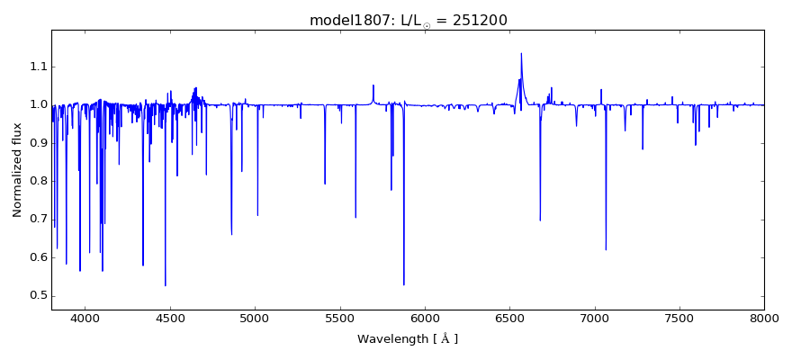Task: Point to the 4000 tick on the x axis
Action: point(85,317)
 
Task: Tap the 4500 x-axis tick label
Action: point(170,317)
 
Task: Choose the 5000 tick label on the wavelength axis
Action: point(255,317)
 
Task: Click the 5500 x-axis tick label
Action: point(340,317)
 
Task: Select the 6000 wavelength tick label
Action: point(425,317)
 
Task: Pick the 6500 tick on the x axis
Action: point(509,317)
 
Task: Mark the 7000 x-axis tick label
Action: point(595,317)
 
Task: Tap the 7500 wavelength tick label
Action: point(679,317)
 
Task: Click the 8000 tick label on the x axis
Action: point(764,317)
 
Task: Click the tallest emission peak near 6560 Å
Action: point(521,53)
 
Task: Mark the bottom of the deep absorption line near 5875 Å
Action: point(404,285)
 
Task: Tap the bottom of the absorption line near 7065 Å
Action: point(606,249)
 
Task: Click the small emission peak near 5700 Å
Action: point(373,85)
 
